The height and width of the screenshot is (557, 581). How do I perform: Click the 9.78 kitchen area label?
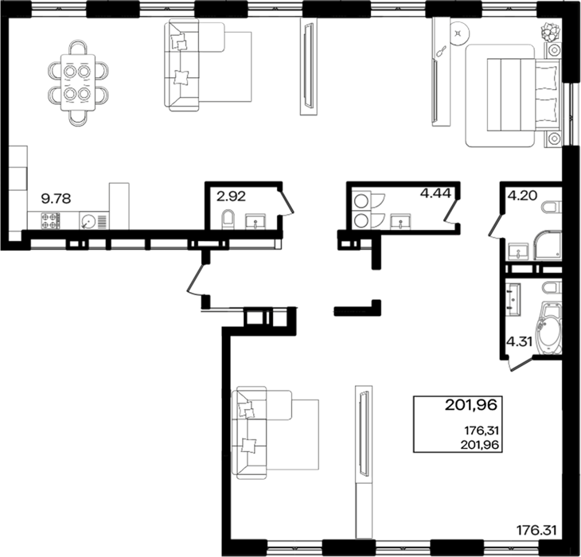point(56,199)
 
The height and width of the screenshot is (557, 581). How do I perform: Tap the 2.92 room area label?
point(231,197)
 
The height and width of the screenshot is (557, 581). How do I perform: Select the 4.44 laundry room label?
point(435,193)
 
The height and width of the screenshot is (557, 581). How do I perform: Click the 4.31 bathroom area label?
point(520,342)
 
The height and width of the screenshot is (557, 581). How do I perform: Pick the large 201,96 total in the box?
point(470,405)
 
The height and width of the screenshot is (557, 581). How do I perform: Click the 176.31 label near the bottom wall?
point(536,531)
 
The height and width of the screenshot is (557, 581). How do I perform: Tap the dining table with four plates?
point(78,82)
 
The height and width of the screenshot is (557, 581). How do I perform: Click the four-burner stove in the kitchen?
point(50,220)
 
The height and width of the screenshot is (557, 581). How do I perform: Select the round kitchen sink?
point(88,222)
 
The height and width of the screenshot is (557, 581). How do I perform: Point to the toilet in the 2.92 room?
point(228,220)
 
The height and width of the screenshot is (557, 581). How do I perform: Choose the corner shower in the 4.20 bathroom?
point(548,245)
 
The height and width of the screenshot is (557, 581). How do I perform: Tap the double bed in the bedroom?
point(522,95)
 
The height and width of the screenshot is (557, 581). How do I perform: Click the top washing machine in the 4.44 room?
point(361,201)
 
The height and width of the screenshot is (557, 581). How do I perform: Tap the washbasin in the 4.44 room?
point(400,221)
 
